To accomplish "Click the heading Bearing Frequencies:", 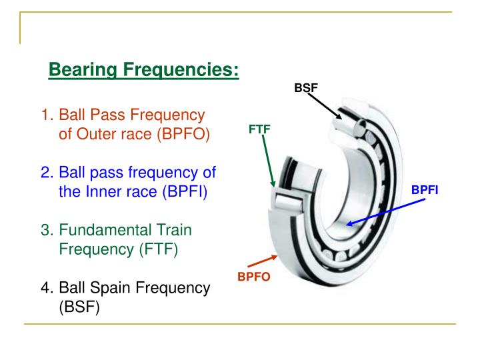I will tap(144, 69).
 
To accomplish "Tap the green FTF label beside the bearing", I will tap(260, 129).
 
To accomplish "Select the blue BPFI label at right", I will tap(424, 190).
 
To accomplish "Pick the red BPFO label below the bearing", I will tap(254, 277).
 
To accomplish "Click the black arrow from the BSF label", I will tap(325, 107).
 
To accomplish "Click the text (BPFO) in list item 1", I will tap(183, 135).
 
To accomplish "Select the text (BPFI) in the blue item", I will tap(183, 193).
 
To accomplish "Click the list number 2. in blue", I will tap(47, 173).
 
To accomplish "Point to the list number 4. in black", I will tap(47, 289).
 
